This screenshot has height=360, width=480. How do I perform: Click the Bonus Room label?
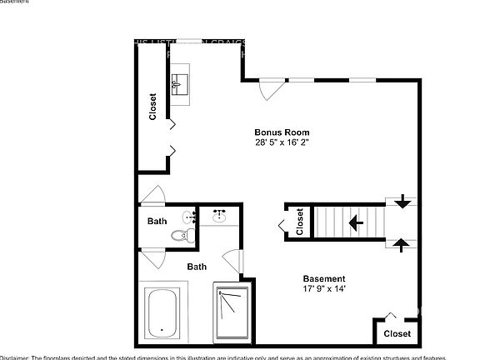click(282, 132)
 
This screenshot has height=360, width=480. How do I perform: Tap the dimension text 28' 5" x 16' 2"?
click(282, 142)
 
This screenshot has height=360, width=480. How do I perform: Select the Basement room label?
click(323, 279)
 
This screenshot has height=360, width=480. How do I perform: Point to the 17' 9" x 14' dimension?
click(323, 289)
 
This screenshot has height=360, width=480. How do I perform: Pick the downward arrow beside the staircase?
click(402, 202)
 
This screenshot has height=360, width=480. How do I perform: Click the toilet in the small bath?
click(179, 237)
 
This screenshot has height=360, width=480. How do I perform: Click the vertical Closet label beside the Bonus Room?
click(152, 106)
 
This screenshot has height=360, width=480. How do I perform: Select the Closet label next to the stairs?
click(299, 223)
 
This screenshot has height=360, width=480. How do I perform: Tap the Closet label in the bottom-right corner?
click(397, 333)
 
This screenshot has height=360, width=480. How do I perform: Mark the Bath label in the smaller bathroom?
click(157, 222)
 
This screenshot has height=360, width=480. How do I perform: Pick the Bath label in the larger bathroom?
click(197, 267)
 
